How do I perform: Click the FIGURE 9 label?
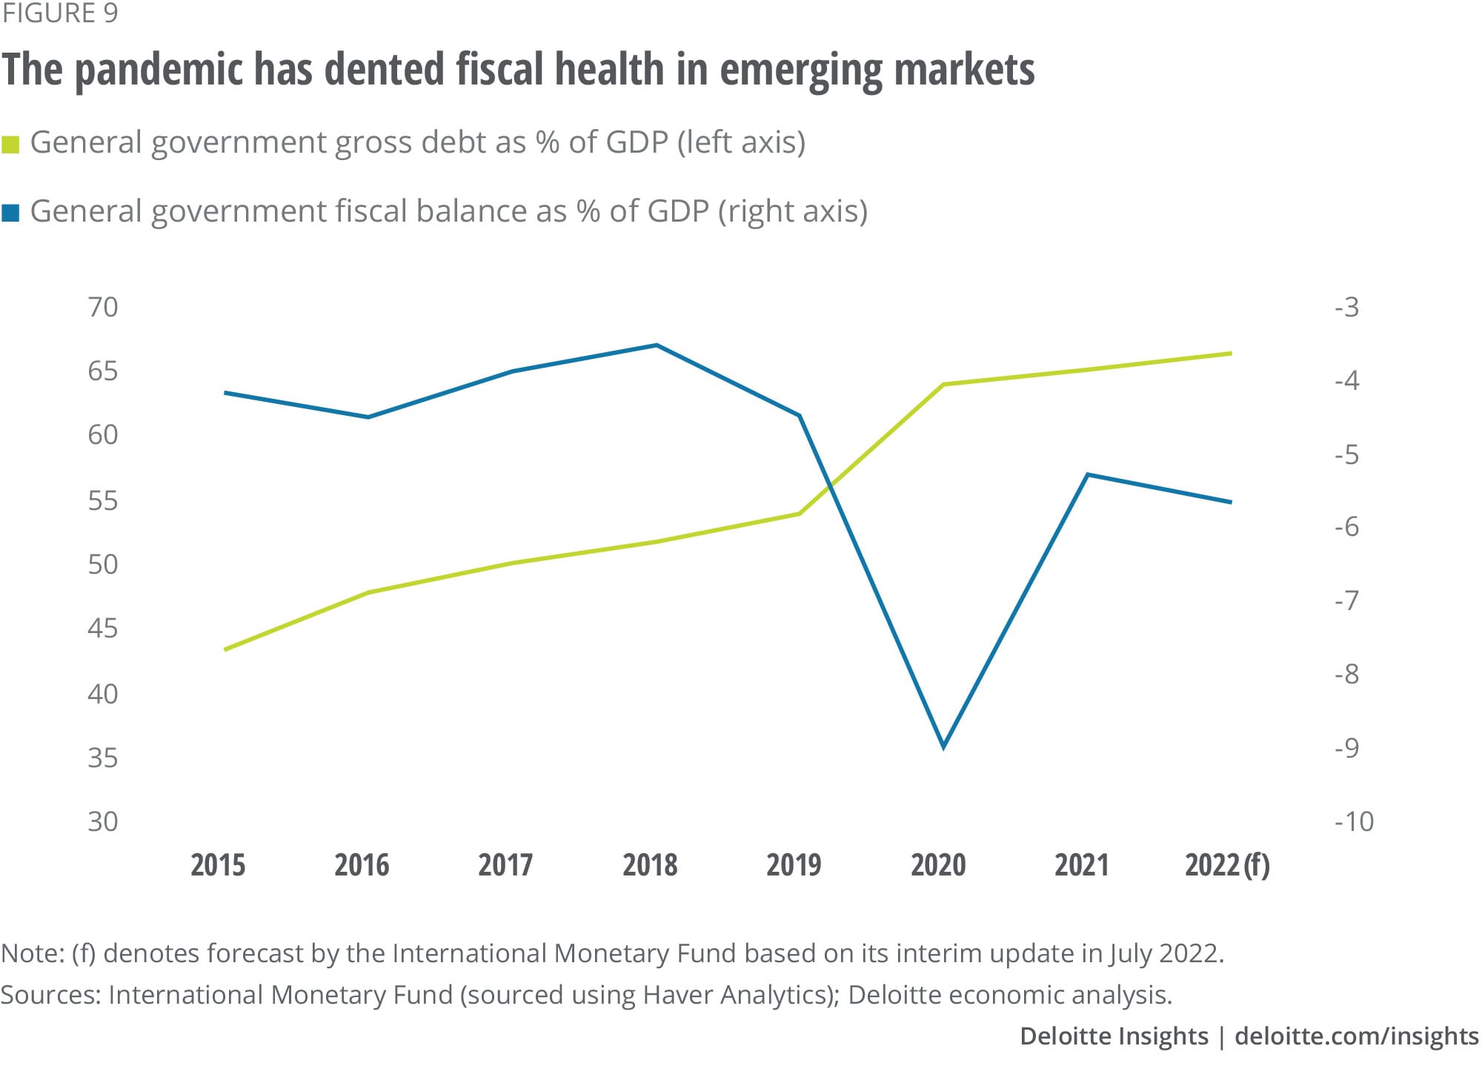(x=59, y=13)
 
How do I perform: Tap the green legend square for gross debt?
(x=10, y=144)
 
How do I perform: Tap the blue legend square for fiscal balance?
(x=10, y=213)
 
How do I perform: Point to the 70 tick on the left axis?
(x=102, y=307)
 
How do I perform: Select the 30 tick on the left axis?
(x=102, y=821)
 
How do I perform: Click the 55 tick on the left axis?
(x=102, y=500)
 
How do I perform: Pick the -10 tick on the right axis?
(x=1354, y=821)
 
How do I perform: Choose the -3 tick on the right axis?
(x=1347, y=307)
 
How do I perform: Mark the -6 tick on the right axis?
(x=1347, y=527)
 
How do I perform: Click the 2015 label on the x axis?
(x=218, y=865)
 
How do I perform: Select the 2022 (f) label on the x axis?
(x=1227, y=865)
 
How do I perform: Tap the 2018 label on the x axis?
(x=650, y=865)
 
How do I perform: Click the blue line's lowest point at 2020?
(x=943, y=746)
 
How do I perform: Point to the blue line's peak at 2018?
(x=657, y=345)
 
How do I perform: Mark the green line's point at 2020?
(x=943, y=385)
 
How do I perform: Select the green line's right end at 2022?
(x=1231, y=354)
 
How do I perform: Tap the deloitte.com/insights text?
(x=1356, y=1036)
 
